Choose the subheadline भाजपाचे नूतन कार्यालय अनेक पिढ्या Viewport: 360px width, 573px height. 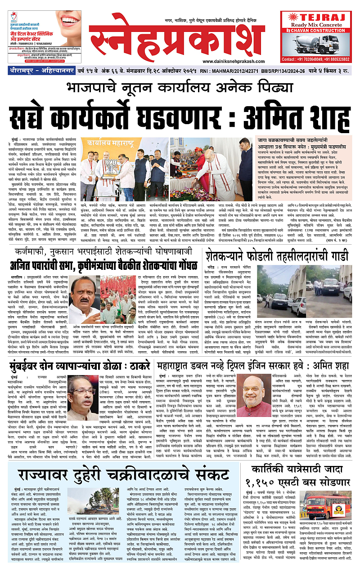pyautogui.click(x=180, y=86)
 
